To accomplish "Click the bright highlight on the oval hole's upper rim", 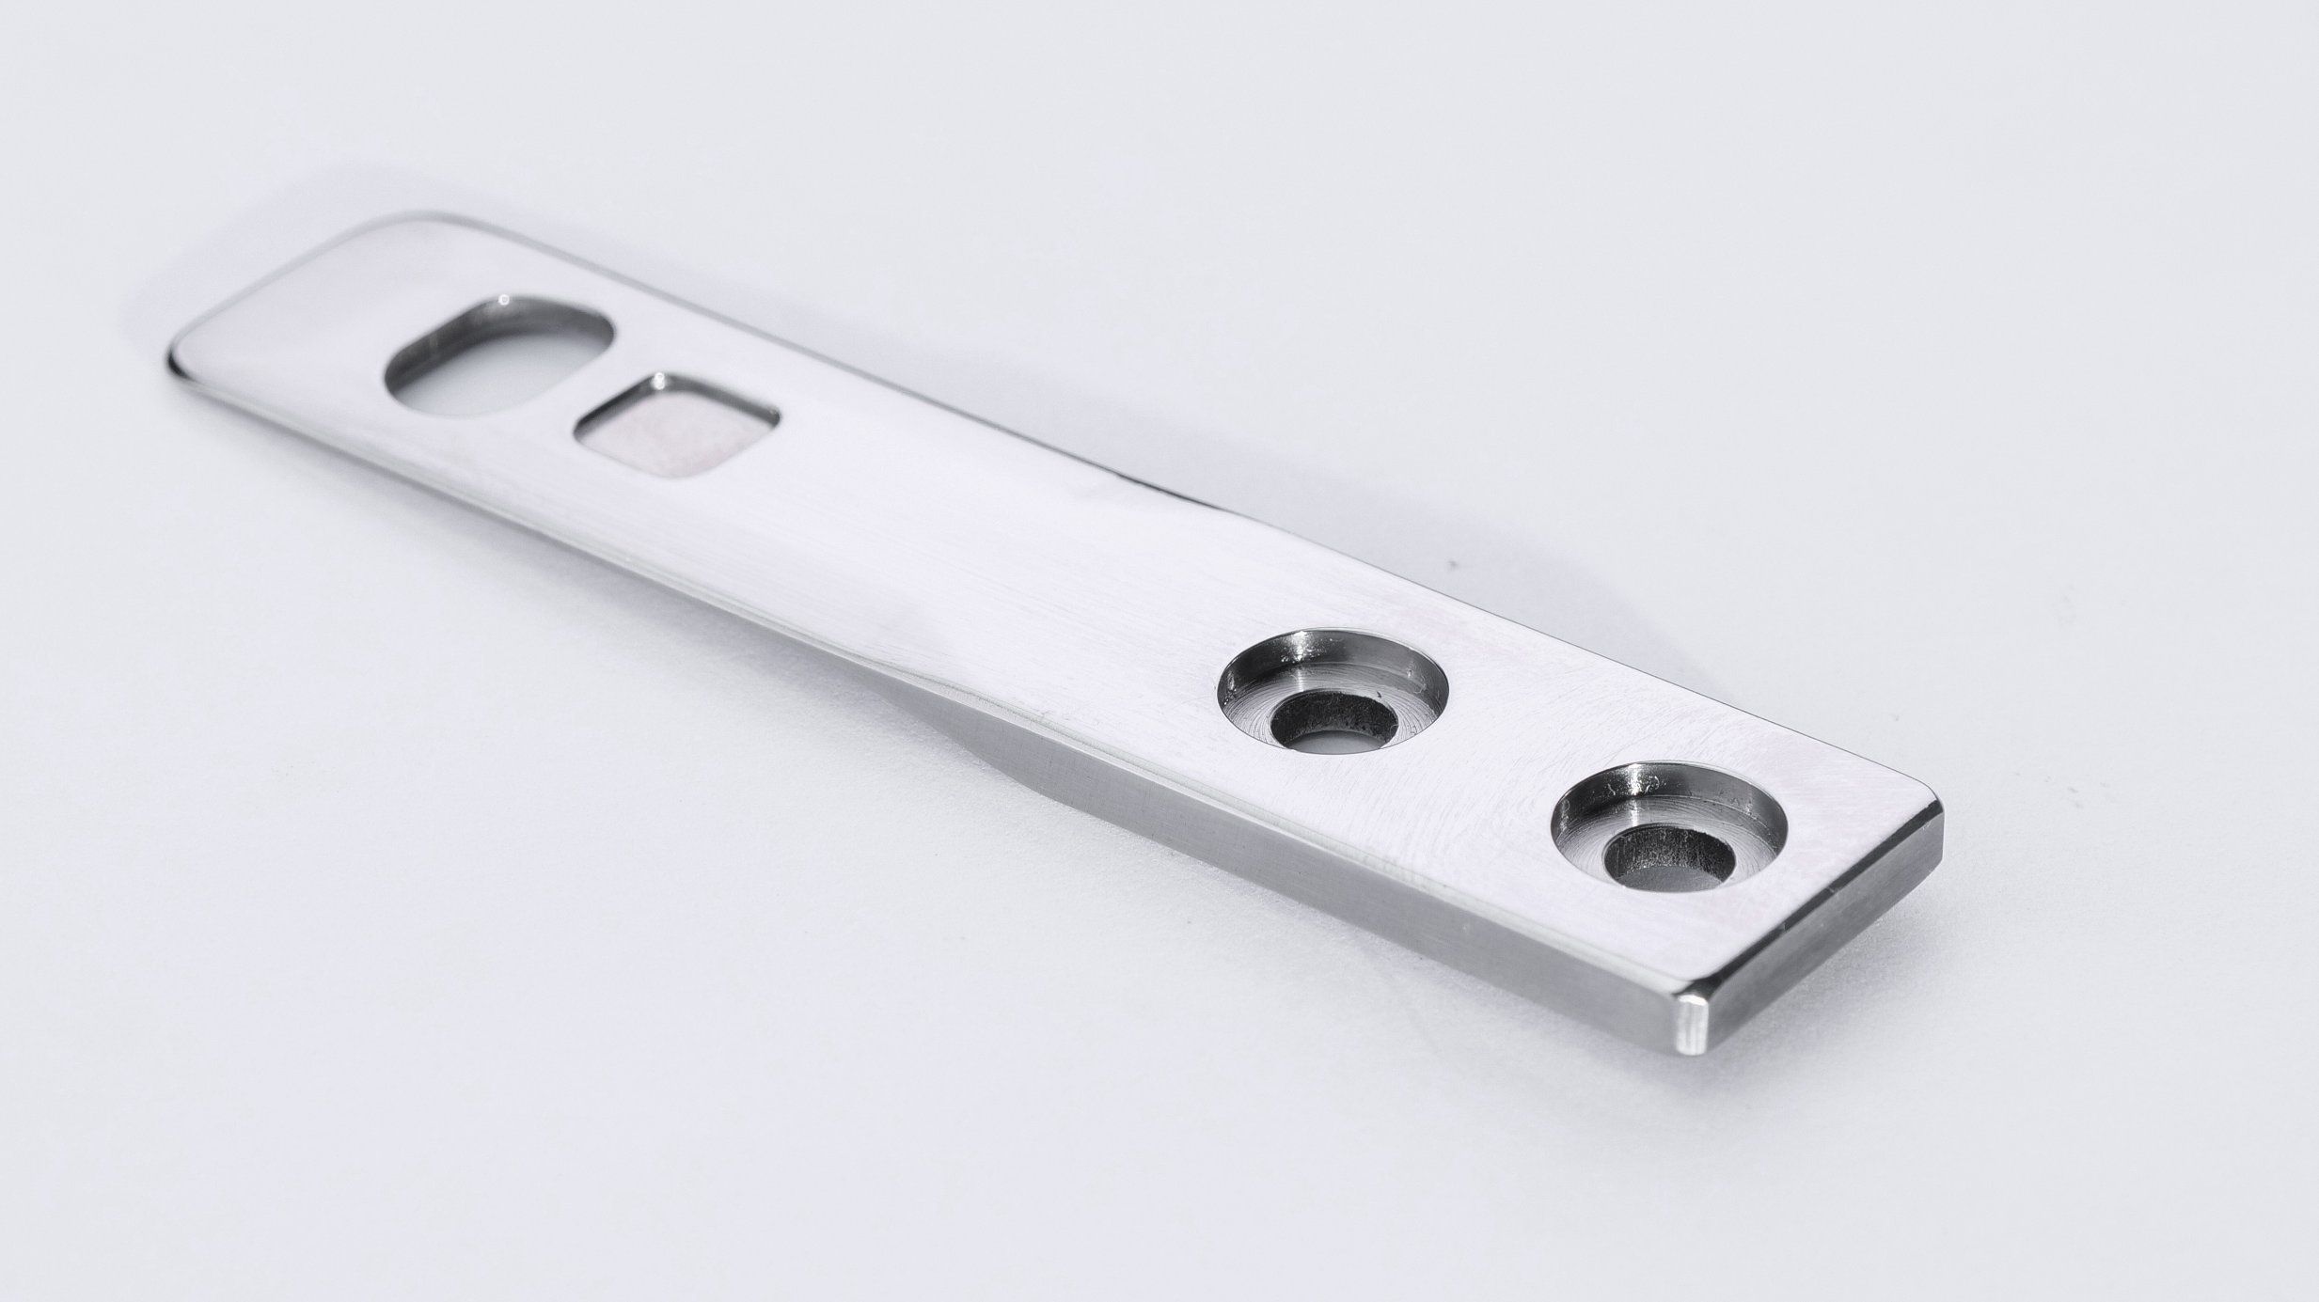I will pyautogui.click(x=508, y=303).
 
